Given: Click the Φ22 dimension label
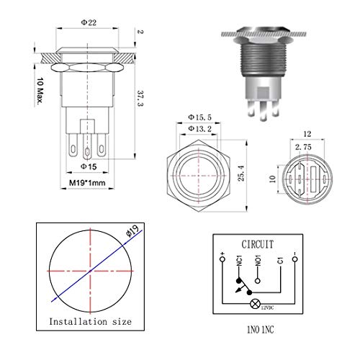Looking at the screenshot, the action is [89, 22].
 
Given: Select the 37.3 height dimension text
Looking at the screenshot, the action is [140, 99].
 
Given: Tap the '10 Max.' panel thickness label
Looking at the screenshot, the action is [40, 91].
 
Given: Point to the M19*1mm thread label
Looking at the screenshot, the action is [87, 183].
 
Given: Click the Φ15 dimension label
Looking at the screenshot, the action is [89, 166].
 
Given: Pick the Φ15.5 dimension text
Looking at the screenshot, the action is [199, 117].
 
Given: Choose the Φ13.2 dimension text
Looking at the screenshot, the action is [200, 129].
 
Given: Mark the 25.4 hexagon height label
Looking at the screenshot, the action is [241, 173].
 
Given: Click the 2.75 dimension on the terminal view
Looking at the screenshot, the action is [303, 147].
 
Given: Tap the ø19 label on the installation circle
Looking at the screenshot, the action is [132, 231].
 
